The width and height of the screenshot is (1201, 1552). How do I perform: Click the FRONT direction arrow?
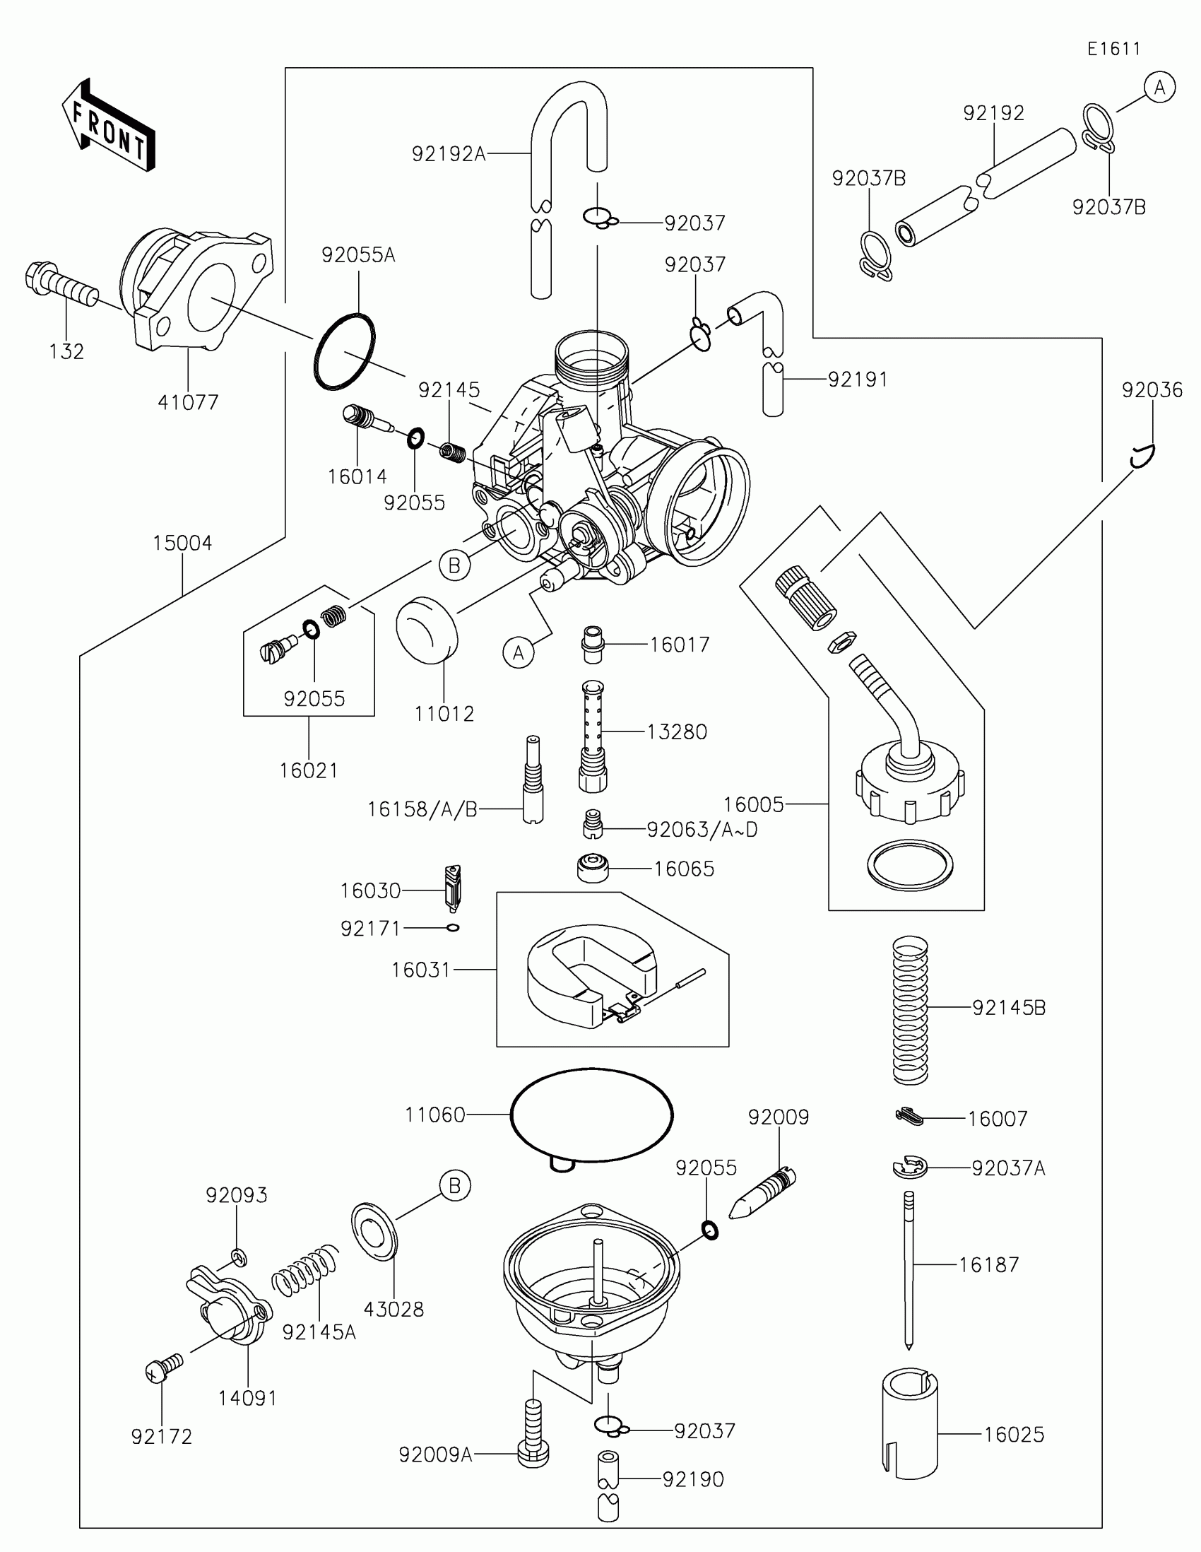pyautogui.click(x=108, y=125)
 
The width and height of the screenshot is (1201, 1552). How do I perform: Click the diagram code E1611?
pyautogui.click(x=1113, y=49)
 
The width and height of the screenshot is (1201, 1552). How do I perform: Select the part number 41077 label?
pyautogui.click(x=188, y=402)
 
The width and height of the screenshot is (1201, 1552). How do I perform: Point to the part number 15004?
pyautogui.click(x=182, y=543)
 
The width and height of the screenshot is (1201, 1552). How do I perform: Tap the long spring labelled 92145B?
pyautogui.click(x=911, y=1010)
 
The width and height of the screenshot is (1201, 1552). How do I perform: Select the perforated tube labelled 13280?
pyautogui.click(x=593, y=736)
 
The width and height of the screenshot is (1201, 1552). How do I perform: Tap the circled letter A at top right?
pyautogui.click(x=1160, y=88)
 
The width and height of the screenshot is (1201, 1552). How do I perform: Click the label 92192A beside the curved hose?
pyautogui.click(x=449, y=153)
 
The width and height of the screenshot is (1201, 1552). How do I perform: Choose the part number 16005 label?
pyautogui.click(x=754, y=804)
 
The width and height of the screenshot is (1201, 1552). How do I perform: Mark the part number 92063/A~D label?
pyautogui.click(x=702, y=829)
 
